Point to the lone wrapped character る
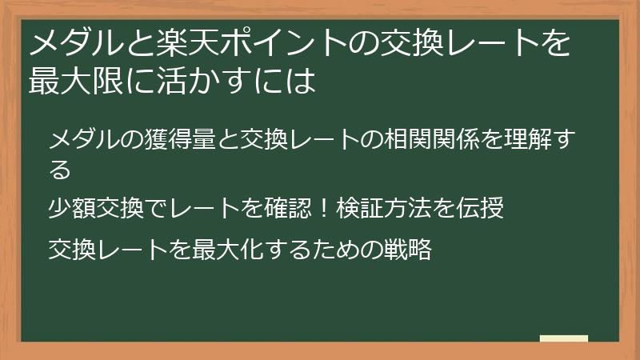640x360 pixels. (60, 170)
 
